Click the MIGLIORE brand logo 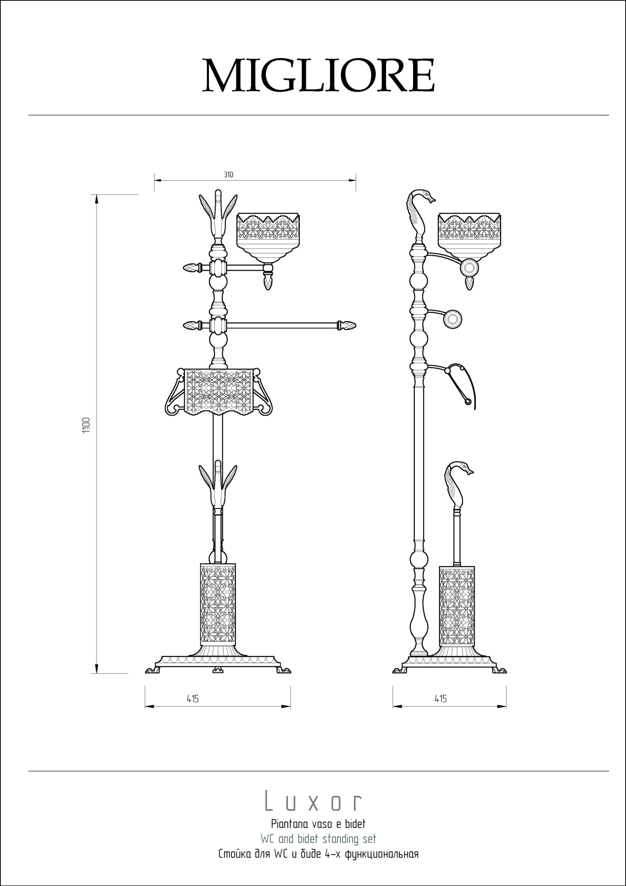click(318, 76)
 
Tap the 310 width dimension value click(228, 175)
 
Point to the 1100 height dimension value click(86, 425)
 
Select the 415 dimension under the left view click(193, 699)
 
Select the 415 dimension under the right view click(441, 699)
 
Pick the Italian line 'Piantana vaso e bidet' click(318, 824)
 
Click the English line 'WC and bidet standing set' click(318, 839)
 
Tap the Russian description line click(318, 854)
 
